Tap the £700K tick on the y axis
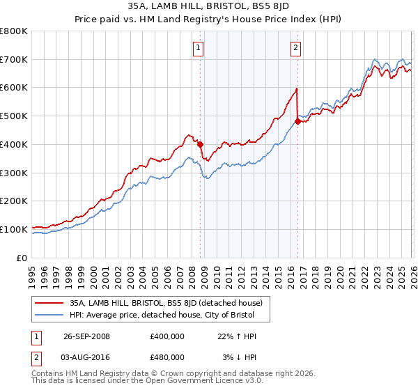[14, 59]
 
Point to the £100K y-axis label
[14, 229]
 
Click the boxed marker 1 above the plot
[199, 48]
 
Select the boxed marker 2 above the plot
[296, 48]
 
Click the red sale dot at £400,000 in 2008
[201, 144]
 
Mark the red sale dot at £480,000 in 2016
[297, 122]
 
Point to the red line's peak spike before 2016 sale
[297, 88]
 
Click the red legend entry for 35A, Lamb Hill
[166, 303]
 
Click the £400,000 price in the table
[167, 336]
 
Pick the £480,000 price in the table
[167, 357]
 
